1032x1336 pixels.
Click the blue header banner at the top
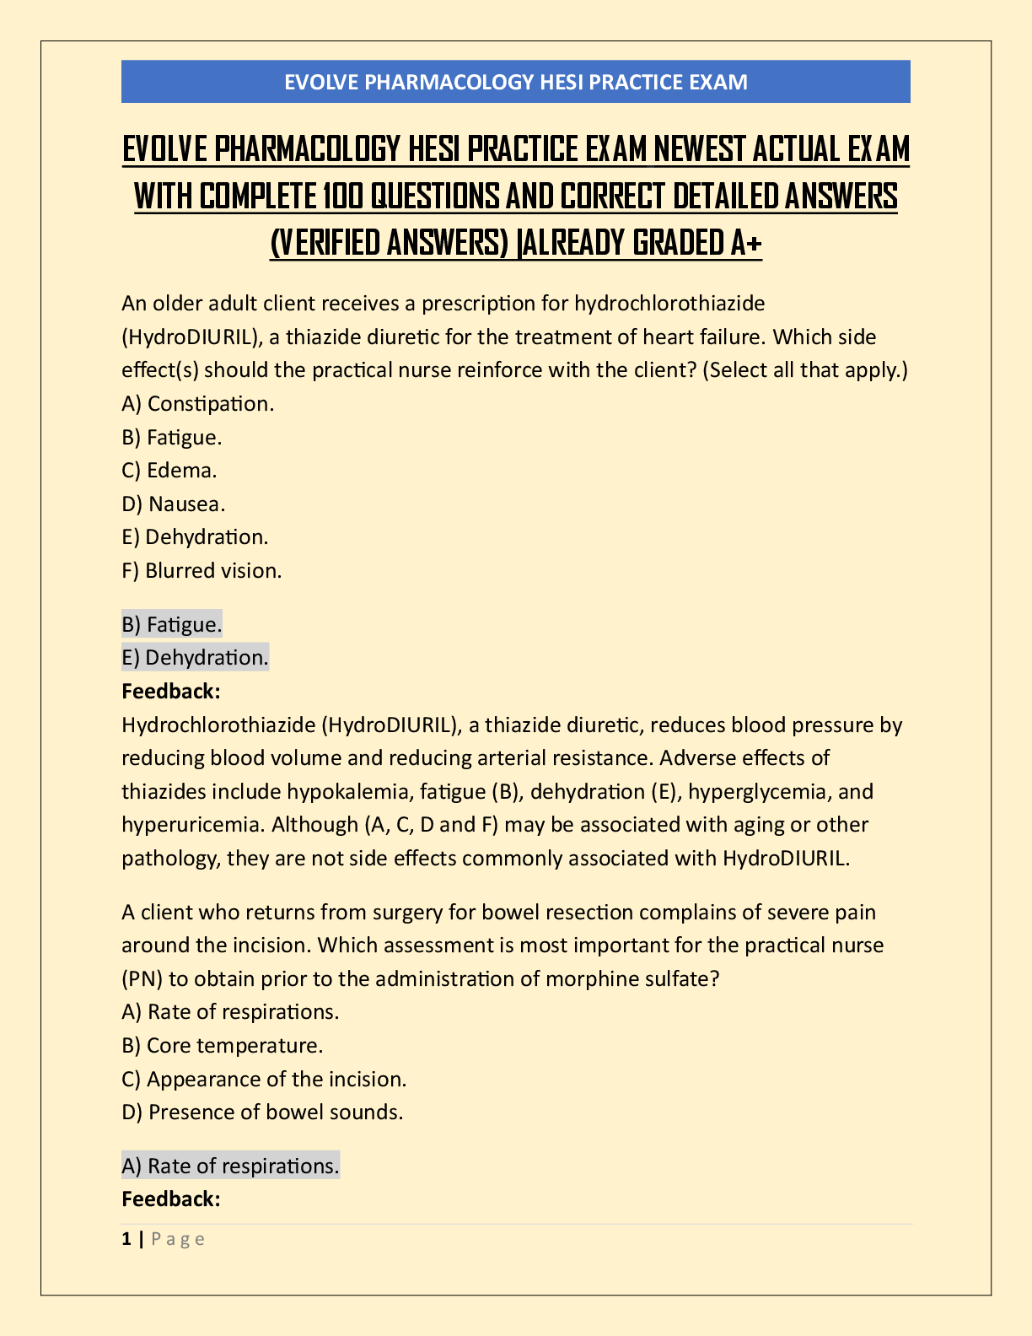[515, 82]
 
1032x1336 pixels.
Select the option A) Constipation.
[198, 404]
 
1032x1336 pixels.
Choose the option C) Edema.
[169, 471]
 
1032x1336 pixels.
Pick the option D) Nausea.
[174, 504]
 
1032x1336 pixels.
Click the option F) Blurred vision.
[202, 571]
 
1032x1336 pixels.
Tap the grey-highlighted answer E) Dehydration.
[195, 658]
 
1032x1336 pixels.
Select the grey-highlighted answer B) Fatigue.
[172, 625]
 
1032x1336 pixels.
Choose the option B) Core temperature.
[223, 1046]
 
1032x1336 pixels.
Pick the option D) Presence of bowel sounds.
[262, 1112]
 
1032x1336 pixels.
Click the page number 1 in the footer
[126, 1239]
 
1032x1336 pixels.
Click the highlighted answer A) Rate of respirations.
[230, 1166]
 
